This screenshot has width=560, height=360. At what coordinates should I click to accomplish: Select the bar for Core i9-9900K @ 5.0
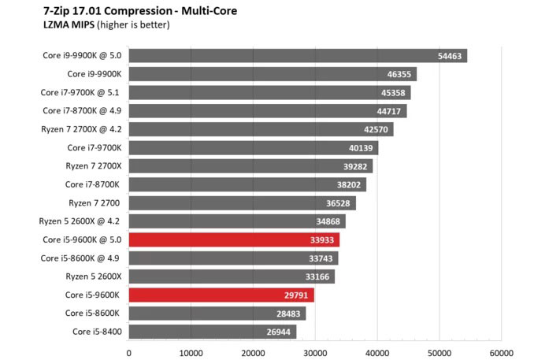click(x=298, y=56)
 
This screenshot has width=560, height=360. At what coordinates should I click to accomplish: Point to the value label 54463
click(x=451, y=56)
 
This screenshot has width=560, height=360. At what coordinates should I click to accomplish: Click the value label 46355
click(x=401, y=74)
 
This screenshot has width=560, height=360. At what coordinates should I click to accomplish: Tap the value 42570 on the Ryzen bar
click(x=377, y=129)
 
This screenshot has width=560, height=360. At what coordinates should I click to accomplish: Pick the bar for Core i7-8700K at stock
click(x=247, y=184)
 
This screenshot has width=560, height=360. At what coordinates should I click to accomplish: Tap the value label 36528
click(x=339, y=203)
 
